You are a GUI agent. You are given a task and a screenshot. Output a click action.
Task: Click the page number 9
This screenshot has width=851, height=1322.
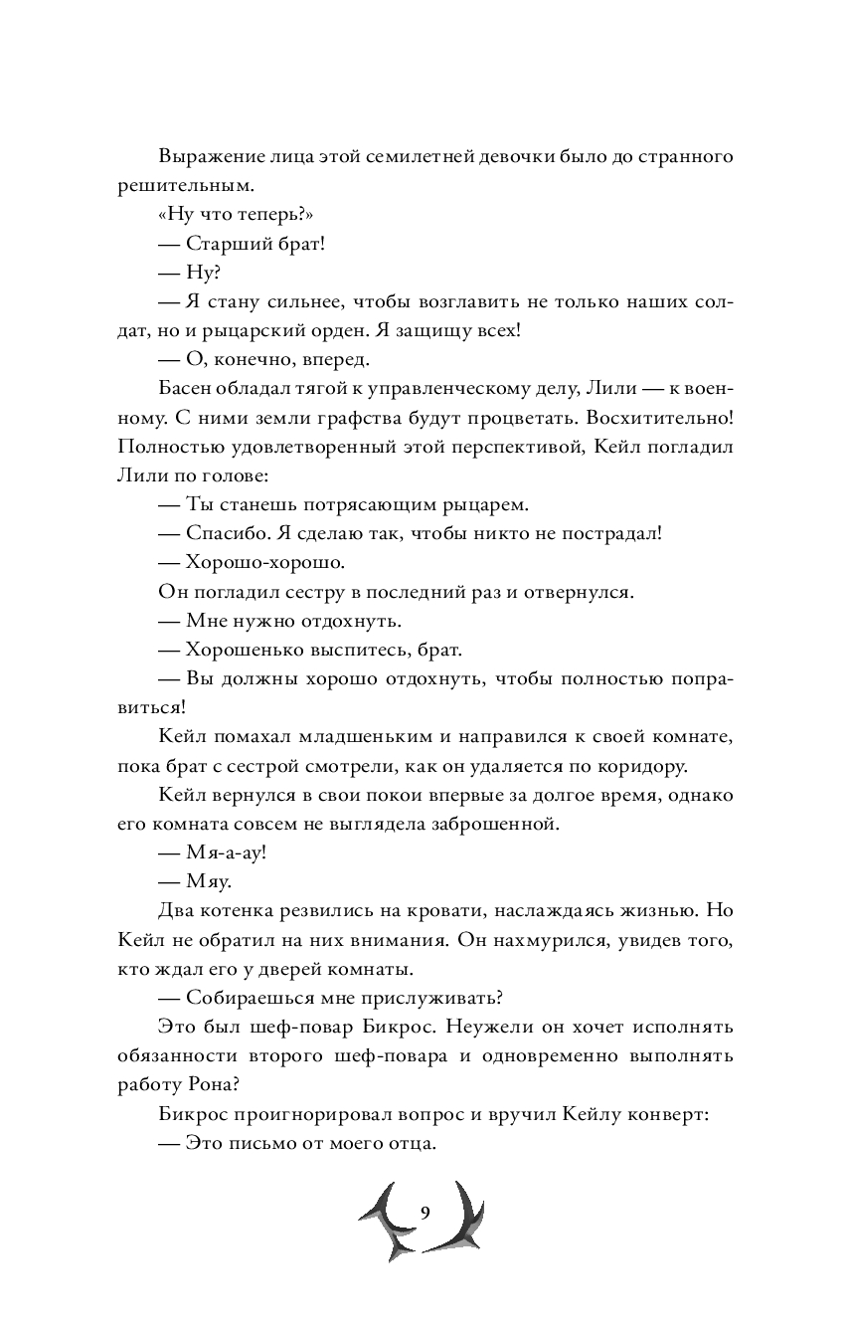click(425, 1212)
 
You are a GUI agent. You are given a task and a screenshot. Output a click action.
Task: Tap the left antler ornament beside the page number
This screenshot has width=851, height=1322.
click(384, 1222)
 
